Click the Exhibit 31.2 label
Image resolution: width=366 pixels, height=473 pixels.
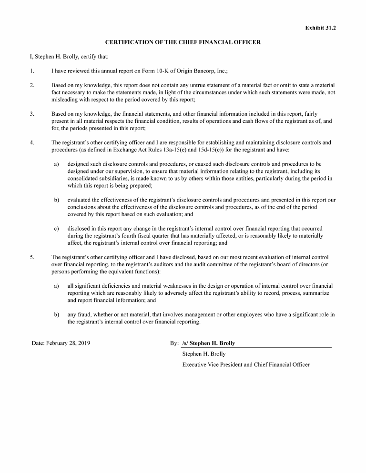click(x=320, y=28)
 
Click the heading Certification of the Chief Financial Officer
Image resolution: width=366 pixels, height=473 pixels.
click(x=183, y=42)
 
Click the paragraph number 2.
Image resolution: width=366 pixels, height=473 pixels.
click(x=32, y=86)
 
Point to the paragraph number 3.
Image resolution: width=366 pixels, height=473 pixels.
click(x=32, y=114)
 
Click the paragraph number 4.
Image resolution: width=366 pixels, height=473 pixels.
click(x=32, y=143)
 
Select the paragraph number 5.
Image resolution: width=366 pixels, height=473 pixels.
click(x=32, y=257)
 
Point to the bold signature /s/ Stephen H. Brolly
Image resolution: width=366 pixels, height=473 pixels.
click(x=209, y=343)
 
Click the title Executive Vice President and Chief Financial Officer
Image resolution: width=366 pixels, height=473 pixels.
click(x=246, y=365)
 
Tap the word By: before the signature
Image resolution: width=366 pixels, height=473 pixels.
click(x=174, y=343)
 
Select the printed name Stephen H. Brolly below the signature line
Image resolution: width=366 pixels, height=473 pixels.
click(x=204, y=354)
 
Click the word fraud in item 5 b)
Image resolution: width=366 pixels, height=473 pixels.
click(x=85, y=314)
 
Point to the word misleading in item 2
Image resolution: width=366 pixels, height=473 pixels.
click(x=65, y=100)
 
